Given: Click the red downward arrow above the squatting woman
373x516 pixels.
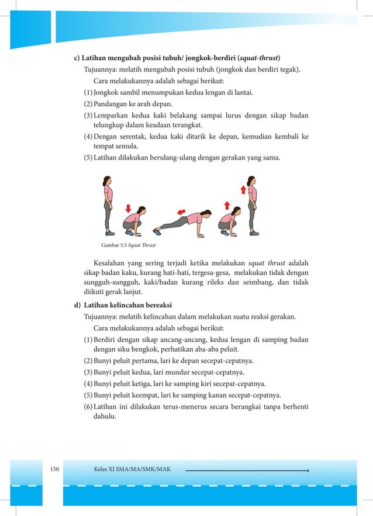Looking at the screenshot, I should pos(128,209).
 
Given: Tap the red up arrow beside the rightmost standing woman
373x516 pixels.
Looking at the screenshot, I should pos(243,189).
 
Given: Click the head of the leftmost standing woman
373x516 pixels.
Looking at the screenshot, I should pos(106,181).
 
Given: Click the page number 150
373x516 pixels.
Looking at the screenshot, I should pos(56,469).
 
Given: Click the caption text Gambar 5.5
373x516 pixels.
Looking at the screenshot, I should pos(115,244).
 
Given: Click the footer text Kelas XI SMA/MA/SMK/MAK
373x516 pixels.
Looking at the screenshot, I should pos(132,469).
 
